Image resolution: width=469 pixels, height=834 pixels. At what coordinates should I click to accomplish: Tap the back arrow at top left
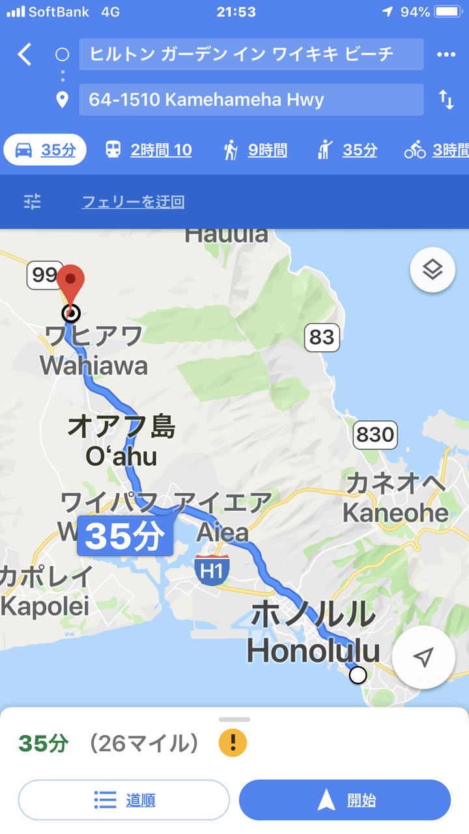tap(25, 55)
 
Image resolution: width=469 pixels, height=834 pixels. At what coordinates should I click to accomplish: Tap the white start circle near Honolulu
tap(358, 675)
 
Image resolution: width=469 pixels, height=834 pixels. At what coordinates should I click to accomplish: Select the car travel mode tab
tap(45, 150)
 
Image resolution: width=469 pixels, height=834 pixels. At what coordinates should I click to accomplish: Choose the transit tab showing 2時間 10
tap(149, 150)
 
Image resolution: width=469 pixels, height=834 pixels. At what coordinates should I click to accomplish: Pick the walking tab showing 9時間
tap(255, 150)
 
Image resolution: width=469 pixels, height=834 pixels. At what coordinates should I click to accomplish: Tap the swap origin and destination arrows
tap(446, 100)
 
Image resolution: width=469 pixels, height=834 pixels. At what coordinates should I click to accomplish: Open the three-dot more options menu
tap(446, 55)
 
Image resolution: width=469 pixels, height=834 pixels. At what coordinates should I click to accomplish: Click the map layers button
tap(433, 269)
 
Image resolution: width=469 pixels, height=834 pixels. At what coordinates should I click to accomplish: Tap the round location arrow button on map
tap(424, 657)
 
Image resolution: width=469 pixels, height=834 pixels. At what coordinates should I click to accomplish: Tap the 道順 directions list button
tap(124, 800)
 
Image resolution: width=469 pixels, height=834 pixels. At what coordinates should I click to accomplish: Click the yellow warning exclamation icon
tap(233, 743)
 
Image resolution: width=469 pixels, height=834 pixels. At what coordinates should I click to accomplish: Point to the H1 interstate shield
tap(212, 571)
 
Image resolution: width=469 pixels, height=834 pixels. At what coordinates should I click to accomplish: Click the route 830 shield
tap(375, 435)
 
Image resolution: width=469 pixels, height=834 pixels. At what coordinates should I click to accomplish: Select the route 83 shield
tap(322, 337)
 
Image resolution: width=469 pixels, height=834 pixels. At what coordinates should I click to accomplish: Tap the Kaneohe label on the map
tap(395, 513)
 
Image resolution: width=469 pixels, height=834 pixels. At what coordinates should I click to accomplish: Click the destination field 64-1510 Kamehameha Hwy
tap(251, 100)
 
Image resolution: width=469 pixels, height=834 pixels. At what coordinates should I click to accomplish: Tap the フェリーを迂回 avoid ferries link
tap(133, 202)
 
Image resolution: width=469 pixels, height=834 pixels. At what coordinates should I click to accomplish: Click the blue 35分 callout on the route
tap(125, 536)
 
